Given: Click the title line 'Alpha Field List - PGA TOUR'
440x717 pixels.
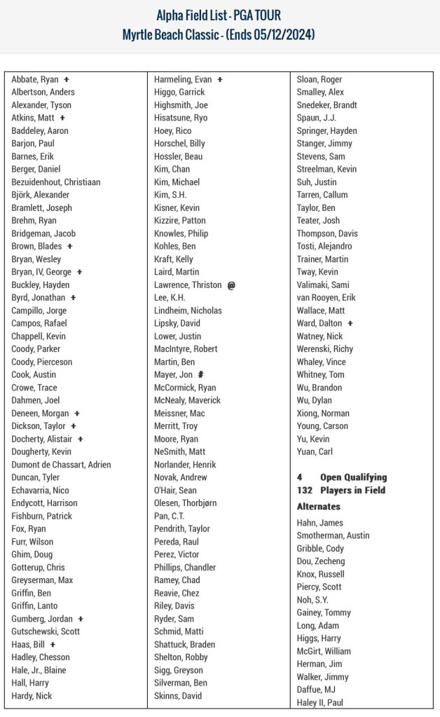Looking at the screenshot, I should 220,15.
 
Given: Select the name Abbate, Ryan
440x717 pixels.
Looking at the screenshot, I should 35,79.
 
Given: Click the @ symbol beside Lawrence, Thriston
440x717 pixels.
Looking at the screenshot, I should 231,285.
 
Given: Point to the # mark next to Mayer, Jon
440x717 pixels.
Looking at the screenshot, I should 200,375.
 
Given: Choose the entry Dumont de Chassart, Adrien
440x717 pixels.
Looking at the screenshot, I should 61,465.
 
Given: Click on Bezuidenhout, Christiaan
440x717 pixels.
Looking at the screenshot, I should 56,182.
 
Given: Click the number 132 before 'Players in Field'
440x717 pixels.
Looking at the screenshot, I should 304,490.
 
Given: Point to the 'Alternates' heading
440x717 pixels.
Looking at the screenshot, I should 319,506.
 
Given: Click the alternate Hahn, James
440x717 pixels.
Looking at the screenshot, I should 320,522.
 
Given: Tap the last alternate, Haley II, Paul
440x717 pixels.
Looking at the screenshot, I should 320,702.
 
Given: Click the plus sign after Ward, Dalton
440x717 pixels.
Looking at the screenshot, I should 350,323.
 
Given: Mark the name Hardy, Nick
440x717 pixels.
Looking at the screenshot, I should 32,696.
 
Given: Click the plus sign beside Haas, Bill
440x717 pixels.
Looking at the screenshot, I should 53,645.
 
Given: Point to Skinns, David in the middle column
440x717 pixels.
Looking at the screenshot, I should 178,696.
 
